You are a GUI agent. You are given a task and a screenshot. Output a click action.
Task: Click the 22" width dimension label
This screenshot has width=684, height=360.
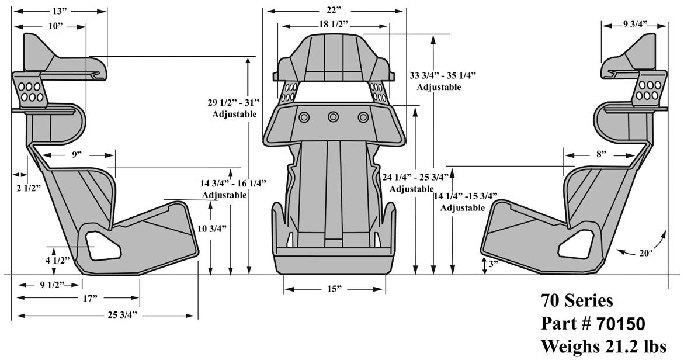coord(334,11)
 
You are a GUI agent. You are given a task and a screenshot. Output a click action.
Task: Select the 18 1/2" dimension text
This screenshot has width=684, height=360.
coord(334,25)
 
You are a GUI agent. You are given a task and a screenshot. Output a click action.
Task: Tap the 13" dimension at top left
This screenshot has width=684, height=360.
coord(59,11)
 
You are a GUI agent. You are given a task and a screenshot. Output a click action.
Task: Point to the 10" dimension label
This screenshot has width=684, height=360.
coord(57,26)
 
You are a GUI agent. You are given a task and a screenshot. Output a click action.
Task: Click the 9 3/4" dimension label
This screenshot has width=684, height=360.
coord(634,25)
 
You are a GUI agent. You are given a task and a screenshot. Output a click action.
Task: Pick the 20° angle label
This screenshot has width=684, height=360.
coord(644,253)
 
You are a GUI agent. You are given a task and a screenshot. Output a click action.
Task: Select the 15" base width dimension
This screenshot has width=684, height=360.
coord(334,289)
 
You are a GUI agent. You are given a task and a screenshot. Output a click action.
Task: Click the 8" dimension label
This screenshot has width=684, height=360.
coord(601,154)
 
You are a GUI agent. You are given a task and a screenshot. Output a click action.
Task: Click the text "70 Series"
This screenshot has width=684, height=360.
coord(577,301)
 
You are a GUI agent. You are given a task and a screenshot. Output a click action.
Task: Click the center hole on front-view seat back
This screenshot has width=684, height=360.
coord(333,117)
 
